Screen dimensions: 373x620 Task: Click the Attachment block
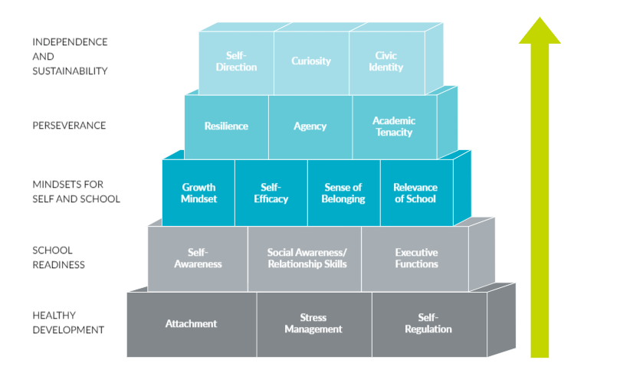(191, 324)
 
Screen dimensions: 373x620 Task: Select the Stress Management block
(313, 324)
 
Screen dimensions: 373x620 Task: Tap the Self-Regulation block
(428, 324)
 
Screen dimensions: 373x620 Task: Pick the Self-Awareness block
(198, 258)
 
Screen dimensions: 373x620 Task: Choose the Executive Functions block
(415, 258)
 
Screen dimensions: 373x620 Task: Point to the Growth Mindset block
(198, 193)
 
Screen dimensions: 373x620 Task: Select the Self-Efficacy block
(271, 193)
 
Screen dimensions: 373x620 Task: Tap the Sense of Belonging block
(343, 193)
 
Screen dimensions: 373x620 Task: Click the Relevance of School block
(415, 193)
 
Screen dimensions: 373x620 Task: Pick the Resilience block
(226, 126)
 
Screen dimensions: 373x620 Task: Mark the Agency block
(310, 126)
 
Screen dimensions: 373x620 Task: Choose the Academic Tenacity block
(394, 126)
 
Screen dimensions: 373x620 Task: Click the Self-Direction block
(236, 62)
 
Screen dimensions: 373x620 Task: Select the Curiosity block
(310, 62)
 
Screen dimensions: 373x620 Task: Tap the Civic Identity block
(385, 62)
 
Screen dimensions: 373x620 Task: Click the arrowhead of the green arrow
(540, 33)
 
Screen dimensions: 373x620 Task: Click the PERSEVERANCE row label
(70, 126)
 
